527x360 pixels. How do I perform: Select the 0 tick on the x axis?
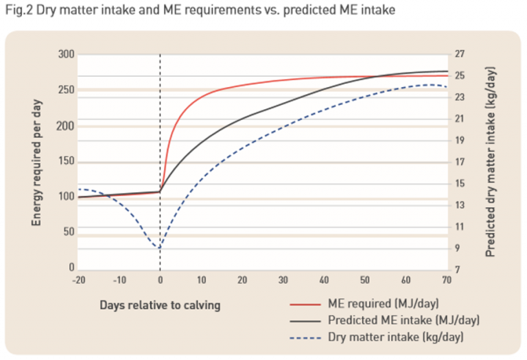click(160, 280)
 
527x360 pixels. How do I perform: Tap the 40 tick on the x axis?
click(324, 280)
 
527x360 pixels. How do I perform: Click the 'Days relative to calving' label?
click(160, 305)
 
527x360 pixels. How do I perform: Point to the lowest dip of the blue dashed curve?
click(159, 248)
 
